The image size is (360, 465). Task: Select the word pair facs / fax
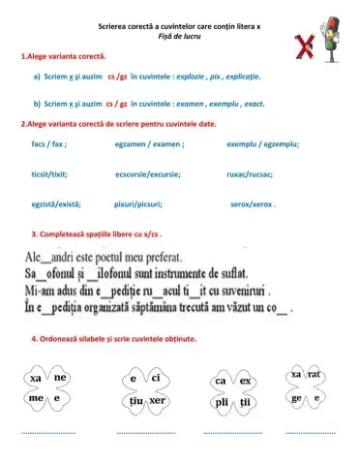(x=48, y=144)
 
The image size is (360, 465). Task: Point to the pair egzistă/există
(x=55, y=205)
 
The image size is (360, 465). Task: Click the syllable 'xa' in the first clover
(x=36, y=377)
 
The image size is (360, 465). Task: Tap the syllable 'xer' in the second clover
(x=159, y=400)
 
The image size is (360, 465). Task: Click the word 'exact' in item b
(x=253, y=102)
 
